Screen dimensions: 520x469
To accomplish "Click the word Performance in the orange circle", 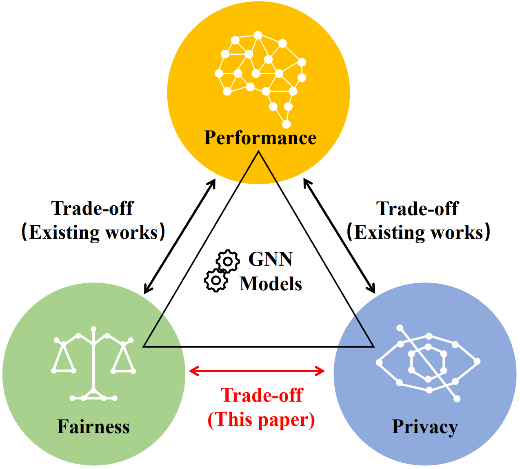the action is click(x=260, y=138).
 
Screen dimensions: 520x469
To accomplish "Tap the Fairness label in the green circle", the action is click(x=93, y=405).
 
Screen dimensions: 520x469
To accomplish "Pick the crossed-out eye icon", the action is click(x=428, y=363).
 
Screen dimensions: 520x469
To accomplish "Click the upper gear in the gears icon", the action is click(x=228, y=261).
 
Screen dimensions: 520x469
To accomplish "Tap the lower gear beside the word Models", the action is click(x=216, y=280).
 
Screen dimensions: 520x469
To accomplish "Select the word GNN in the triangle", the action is click(x=270, y=259).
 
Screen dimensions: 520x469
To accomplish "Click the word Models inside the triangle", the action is click(x=271, y=284).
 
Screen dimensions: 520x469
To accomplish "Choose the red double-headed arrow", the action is click(x=257, y=371).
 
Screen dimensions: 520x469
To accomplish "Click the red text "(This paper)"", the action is click(x=261, y=420).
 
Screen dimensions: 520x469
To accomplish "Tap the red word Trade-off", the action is click(x=262, y=395).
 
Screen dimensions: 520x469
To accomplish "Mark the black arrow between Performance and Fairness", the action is click(x=180, y=236).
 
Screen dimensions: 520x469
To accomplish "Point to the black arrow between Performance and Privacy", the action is click(x=339, y=236).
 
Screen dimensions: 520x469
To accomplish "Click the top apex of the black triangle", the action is click(x=258, y=151).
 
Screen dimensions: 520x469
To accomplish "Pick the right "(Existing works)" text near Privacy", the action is click(x=418, y=233).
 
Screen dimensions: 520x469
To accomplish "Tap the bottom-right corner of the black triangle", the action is click(x=373, y=347).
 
